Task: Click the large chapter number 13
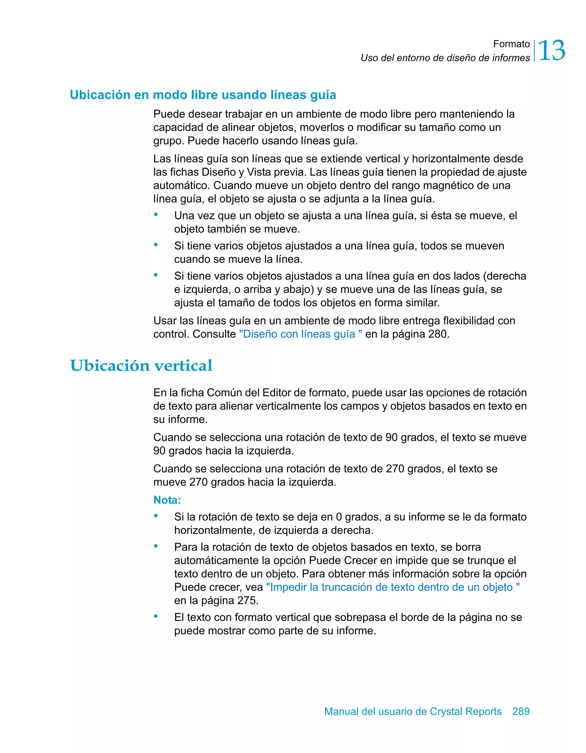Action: [551, 51]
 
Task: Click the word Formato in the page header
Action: [511, 44]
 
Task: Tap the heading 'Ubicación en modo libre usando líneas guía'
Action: [203, 95]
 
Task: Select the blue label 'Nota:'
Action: [167, 500]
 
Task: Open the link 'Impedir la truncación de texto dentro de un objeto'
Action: [393, 587]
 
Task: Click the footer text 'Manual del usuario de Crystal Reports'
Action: [413, 711]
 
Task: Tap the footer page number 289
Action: [521, 711]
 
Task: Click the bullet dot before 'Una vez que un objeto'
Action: [156, 214]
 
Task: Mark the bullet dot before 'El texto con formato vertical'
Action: [156, 616]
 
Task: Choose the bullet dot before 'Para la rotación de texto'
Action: [156, 546]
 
